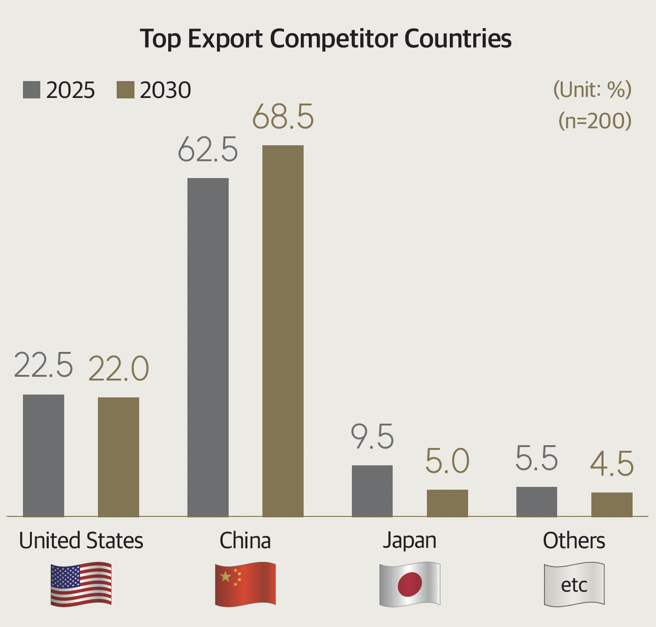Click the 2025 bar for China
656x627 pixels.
[208, 347]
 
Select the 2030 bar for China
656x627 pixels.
[283, 331]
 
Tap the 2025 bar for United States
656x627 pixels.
[44, 455]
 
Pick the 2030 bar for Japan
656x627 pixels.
[447, 503]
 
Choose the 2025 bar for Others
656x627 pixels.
[537, 502]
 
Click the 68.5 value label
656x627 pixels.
[283, 117]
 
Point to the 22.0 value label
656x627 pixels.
[119, 369]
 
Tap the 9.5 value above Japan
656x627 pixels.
[373, 437]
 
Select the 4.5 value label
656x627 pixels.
[612, 464]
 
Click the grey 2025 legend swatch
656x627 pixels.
[31, 90]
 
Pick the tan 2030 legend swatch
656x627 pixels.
[125, 90]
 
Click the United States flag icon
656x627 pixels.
[81, 584]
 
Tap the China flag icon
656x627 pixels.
[245, 584]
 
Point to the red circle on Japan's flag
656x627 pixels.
[410, 584]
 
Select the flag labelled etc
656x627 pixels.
[574, 584]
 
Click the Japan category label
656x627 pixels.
[410, 541]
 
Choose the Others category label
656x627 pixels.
[574, 541]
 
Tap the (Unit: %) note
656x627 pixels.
[592, 89]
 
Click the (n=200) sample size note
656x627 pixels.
[595, 120]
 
